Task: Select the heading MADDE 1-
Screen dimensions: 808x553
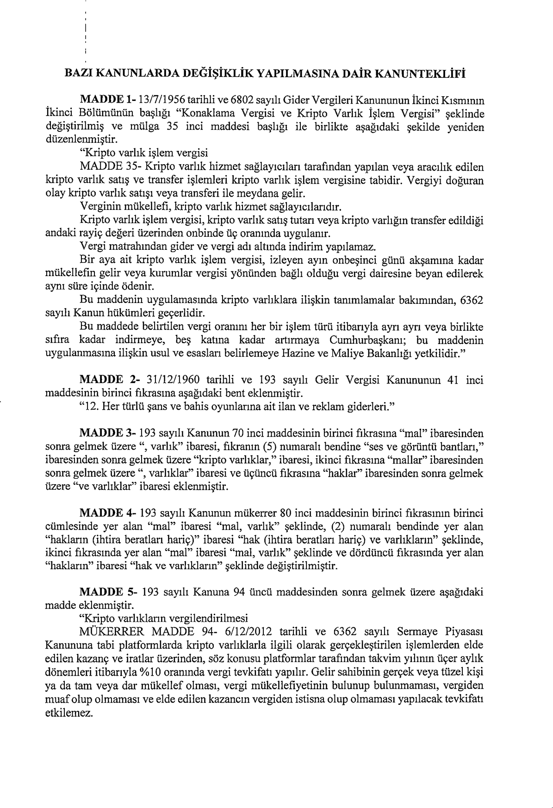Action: coord(107,99)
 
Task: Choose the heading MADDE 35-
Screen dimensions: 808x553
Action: coord(106,166)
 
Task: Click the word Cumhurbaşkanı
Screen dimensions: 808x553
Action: coord(362,340)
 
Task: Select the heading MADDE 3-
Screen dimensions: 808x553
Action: coord(107,434)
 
